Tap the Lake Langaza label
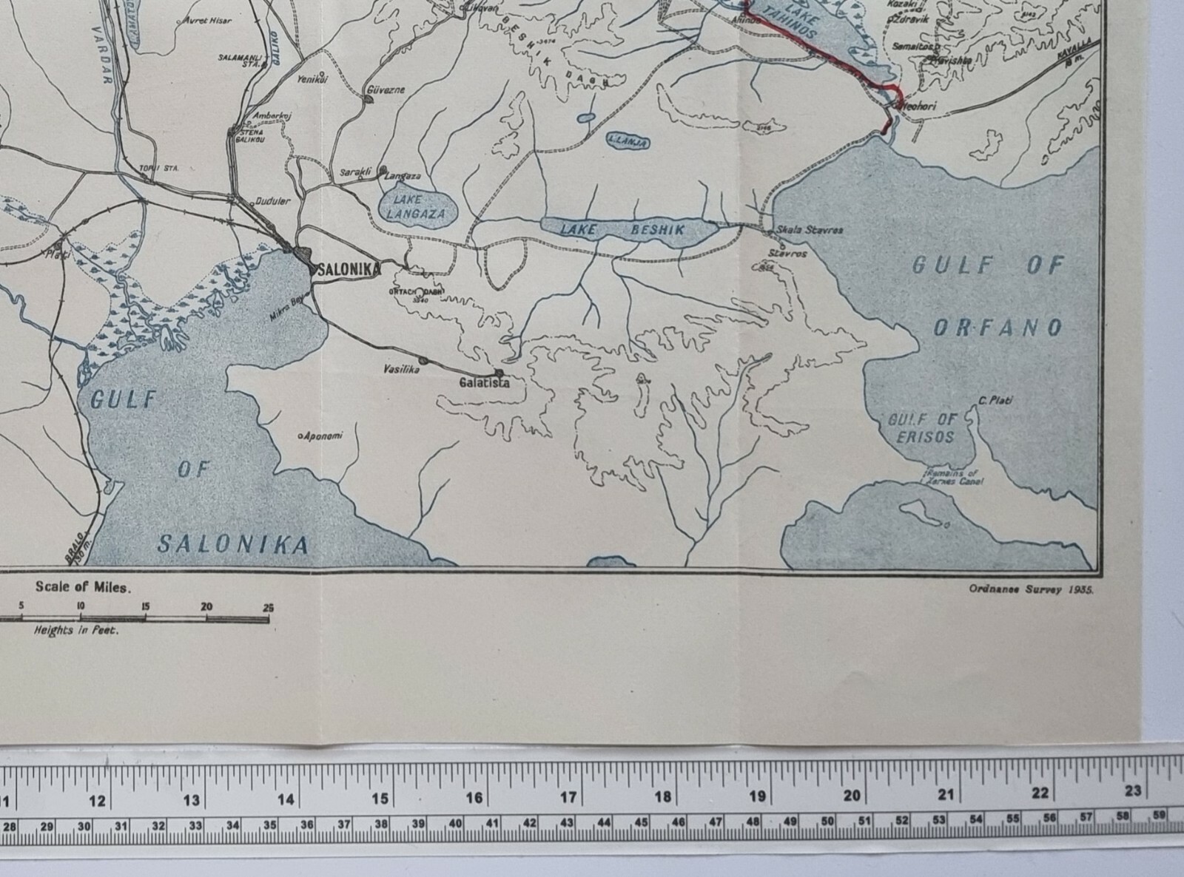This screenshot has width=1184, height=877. click(x=419, y=206)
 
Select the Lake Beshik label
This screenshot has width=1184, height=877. click(x=622, y=229)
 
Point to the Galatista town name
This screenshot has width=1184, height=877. click(x=484, y=383)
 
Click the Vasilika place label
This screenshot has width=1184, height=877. click(x=401, y=370)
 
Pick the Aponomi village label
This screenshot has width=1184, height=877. click(x=323, y=436)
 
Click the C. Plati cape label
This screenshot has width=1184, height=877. click(x=995, y=401)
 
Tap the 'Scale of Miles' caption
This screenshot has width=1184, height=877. click(x=84, y=587)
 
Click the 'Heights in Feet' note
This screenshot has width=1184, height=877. click(x=76, y=631)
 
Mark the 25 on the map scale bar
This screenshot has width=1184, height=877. click(x=268, y=607)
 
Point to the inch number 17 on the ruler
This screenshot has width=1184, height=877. click(x=568, y=798)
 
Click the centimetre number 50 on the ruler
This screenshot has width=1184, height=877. click(x=827, y=822)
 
